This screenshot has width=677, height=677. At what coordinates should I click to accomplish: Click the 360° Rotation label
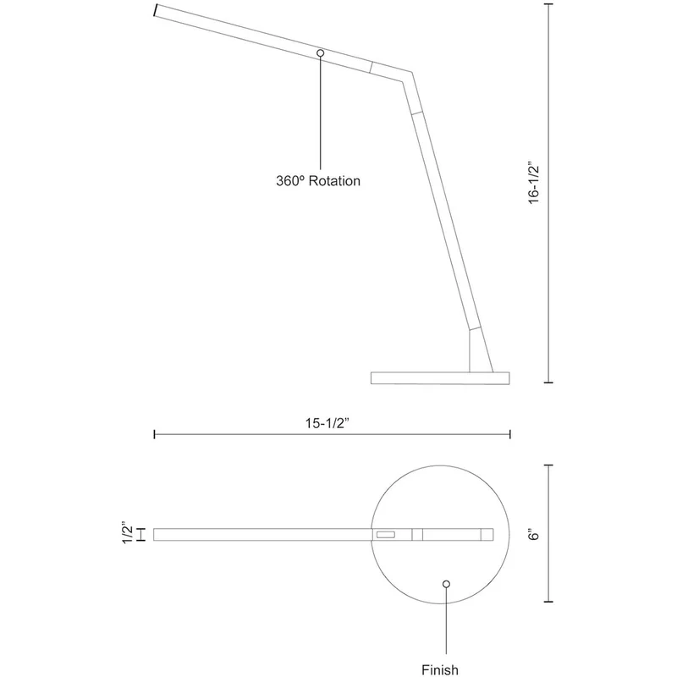[x=318, y=180]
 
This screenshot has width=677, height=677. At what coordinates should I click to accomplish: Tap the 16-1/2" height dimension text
[x=534, y=183]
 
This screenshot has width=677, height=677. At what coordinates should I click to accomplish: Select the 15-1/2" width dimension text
[x=327, y=423]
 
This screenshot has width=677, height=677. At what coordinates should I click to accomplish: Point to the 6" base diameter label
[x=534, y=534]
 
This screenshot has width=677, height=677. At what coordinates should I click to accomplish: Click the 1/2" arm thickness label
[x=128, y=532]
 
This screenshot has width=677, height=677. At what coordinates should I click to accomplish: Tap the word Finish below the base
[x=440, y=669]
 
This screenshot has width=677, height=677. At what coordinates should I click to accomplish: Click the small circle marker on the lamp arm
[x=321, y=52]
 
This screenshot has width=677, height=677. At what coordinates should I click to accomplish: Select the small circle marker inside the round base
[x=447, y=584]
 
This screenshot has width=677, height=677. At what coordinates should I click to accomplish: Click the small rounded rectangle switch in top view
[x=386, y=535]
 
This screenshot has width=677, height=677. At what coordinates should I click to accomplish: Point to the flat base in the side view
[x=440, y=377]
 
